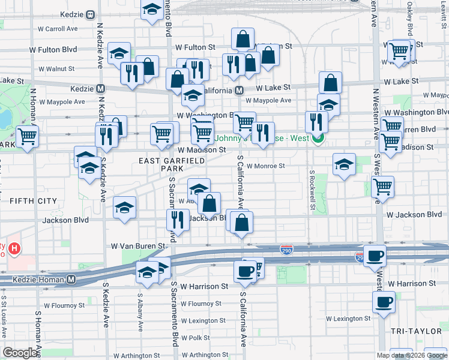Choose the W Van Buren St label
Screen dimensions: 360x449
[138, 246]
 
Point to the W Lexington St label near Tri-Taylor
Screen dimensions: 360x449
[348, 319]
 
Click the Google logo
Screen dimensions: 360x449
[21, 353]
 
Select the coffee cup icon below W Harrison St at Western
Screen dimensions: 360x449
[384, 302]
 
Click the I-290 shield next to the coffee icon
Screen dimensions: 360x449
[360, 257]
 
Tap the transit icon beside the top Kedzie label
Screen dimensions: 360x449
[90, 14]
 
